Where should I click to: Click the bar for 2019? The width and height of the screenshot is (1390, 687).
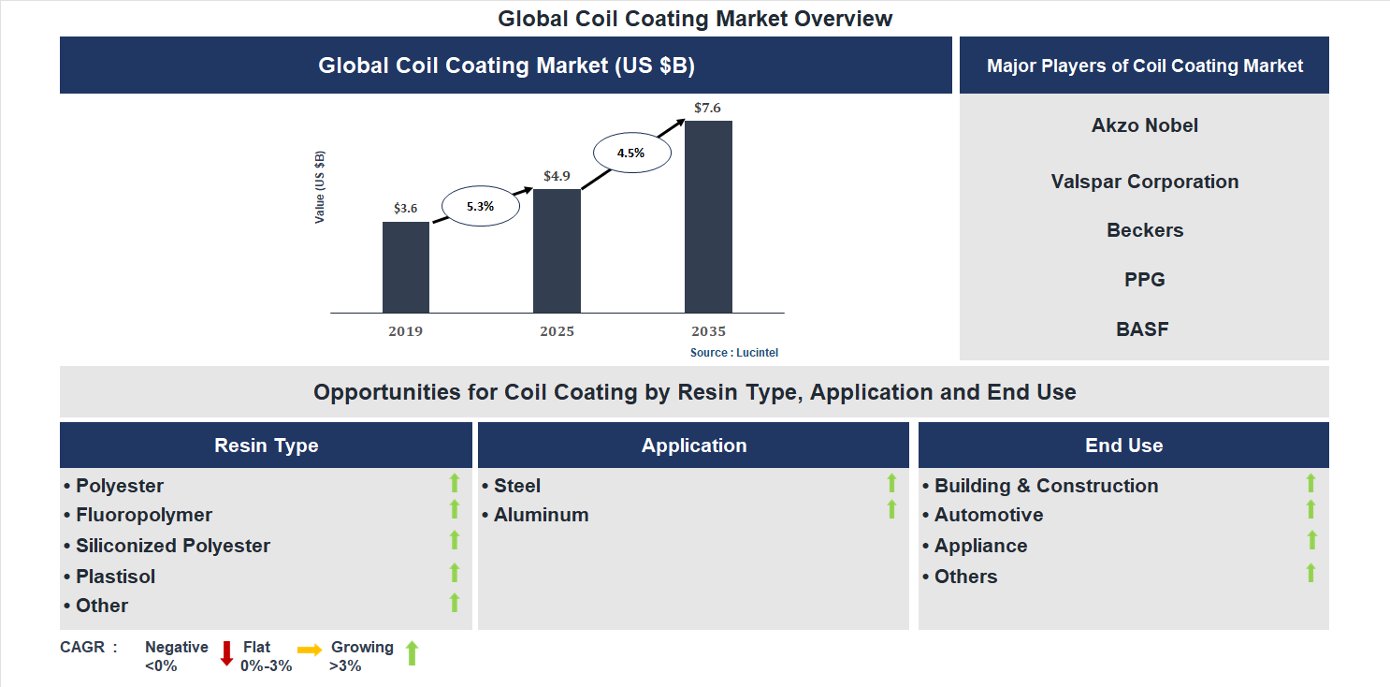click(x=406, y=267)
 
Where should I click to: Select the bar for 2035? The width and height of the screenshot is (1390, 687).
click(x=708, y=216)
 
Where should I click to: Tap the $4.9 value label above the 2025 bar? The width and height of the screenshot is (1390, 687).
click(x=557, y=176)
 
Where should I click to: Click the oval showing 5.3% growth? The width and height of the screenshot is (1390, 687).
click(x=480, y=206)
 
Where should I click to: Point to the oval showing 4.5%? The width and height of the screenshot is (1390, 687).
click(x=631, y=153)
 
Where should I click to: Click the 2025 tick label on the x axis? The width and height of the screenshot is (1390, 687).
click(x=557, y=331)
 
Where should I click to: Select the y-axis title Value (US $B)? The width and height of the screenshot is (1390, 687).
click(x=320, y=186)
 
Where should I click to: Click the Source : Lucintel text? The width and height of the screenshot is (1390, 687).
click(x=734, y=353)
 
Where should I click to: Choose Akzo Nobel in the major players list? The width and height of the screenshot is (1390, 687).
click(x=1144, y=125)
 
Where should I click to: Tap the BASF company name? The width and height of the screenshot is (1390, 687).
click(x=1142, y=329)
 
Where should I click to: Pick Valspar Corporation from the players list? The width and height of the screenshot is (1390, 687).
click(x=1144, y=182)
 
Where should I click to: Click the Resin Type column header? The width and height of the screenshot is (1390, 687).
click(x=267, y=446)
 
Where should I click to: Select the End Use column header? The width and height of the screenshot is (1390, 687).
click(x=1123, y=446)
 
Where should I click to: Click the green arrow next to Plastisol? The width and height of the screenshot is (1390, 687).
click(x=455, y=573)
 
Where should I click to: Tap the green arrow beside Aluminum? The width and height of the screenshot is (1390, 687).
click(x=891, y=510)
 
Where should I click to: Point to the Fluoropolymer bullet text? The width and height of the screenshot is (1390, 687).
click(x=143, y=515)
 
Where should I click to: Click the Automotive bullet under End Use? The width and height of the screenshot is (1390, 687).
click(x=988, y=515)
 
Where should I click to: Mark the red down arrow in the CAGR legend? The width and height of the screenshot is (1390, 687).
click(x=226, y=653)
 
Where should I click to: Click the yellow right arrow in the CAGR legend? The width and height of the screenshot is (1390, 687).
click(x=310, y=650)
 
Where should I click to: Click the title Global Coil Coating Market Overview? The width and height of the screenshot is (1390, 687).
click(x=695, y=19)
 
